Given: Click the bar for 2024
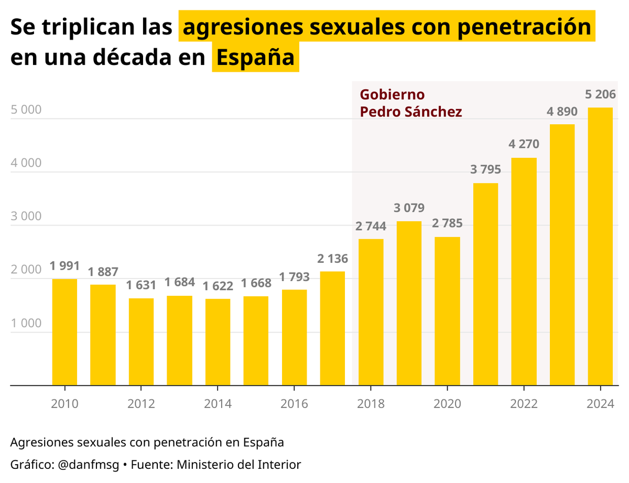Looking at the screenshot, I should [x=600, y=246].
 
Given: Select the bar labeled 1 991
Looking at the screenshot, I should [x=64, y=332].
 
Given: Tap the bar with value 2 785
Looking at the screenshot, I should [x=447, y=311].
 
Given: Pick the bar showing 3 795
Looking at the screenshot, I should [x=485, y=284].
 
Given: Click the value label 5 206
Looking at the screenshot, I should [x=600, y=95].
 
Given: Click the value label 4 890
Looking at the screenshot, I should [x=562, y=112].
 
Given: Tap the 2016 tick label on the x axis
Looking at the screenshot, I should [x=294, y=404].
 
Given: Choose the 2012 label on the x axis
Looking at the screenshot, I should [x=141, y=404].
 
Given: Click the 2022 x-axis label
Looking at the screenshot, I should [x=524, y=404].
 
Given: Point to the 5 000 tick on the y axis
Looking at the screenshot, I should [x=26, y=110].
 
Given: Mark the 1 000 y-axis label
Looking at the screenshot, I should [x=26, y=323].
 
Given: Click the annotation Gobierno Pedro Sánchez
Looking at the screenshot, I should [x=410, y=103].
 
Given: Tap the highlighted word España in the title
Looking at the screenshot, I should [x=255, y=58].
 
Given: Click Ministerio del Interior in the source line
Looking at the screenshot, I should [x=238, y=464].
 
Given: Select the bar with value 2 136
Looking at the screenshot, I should [x=332, y=328].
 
